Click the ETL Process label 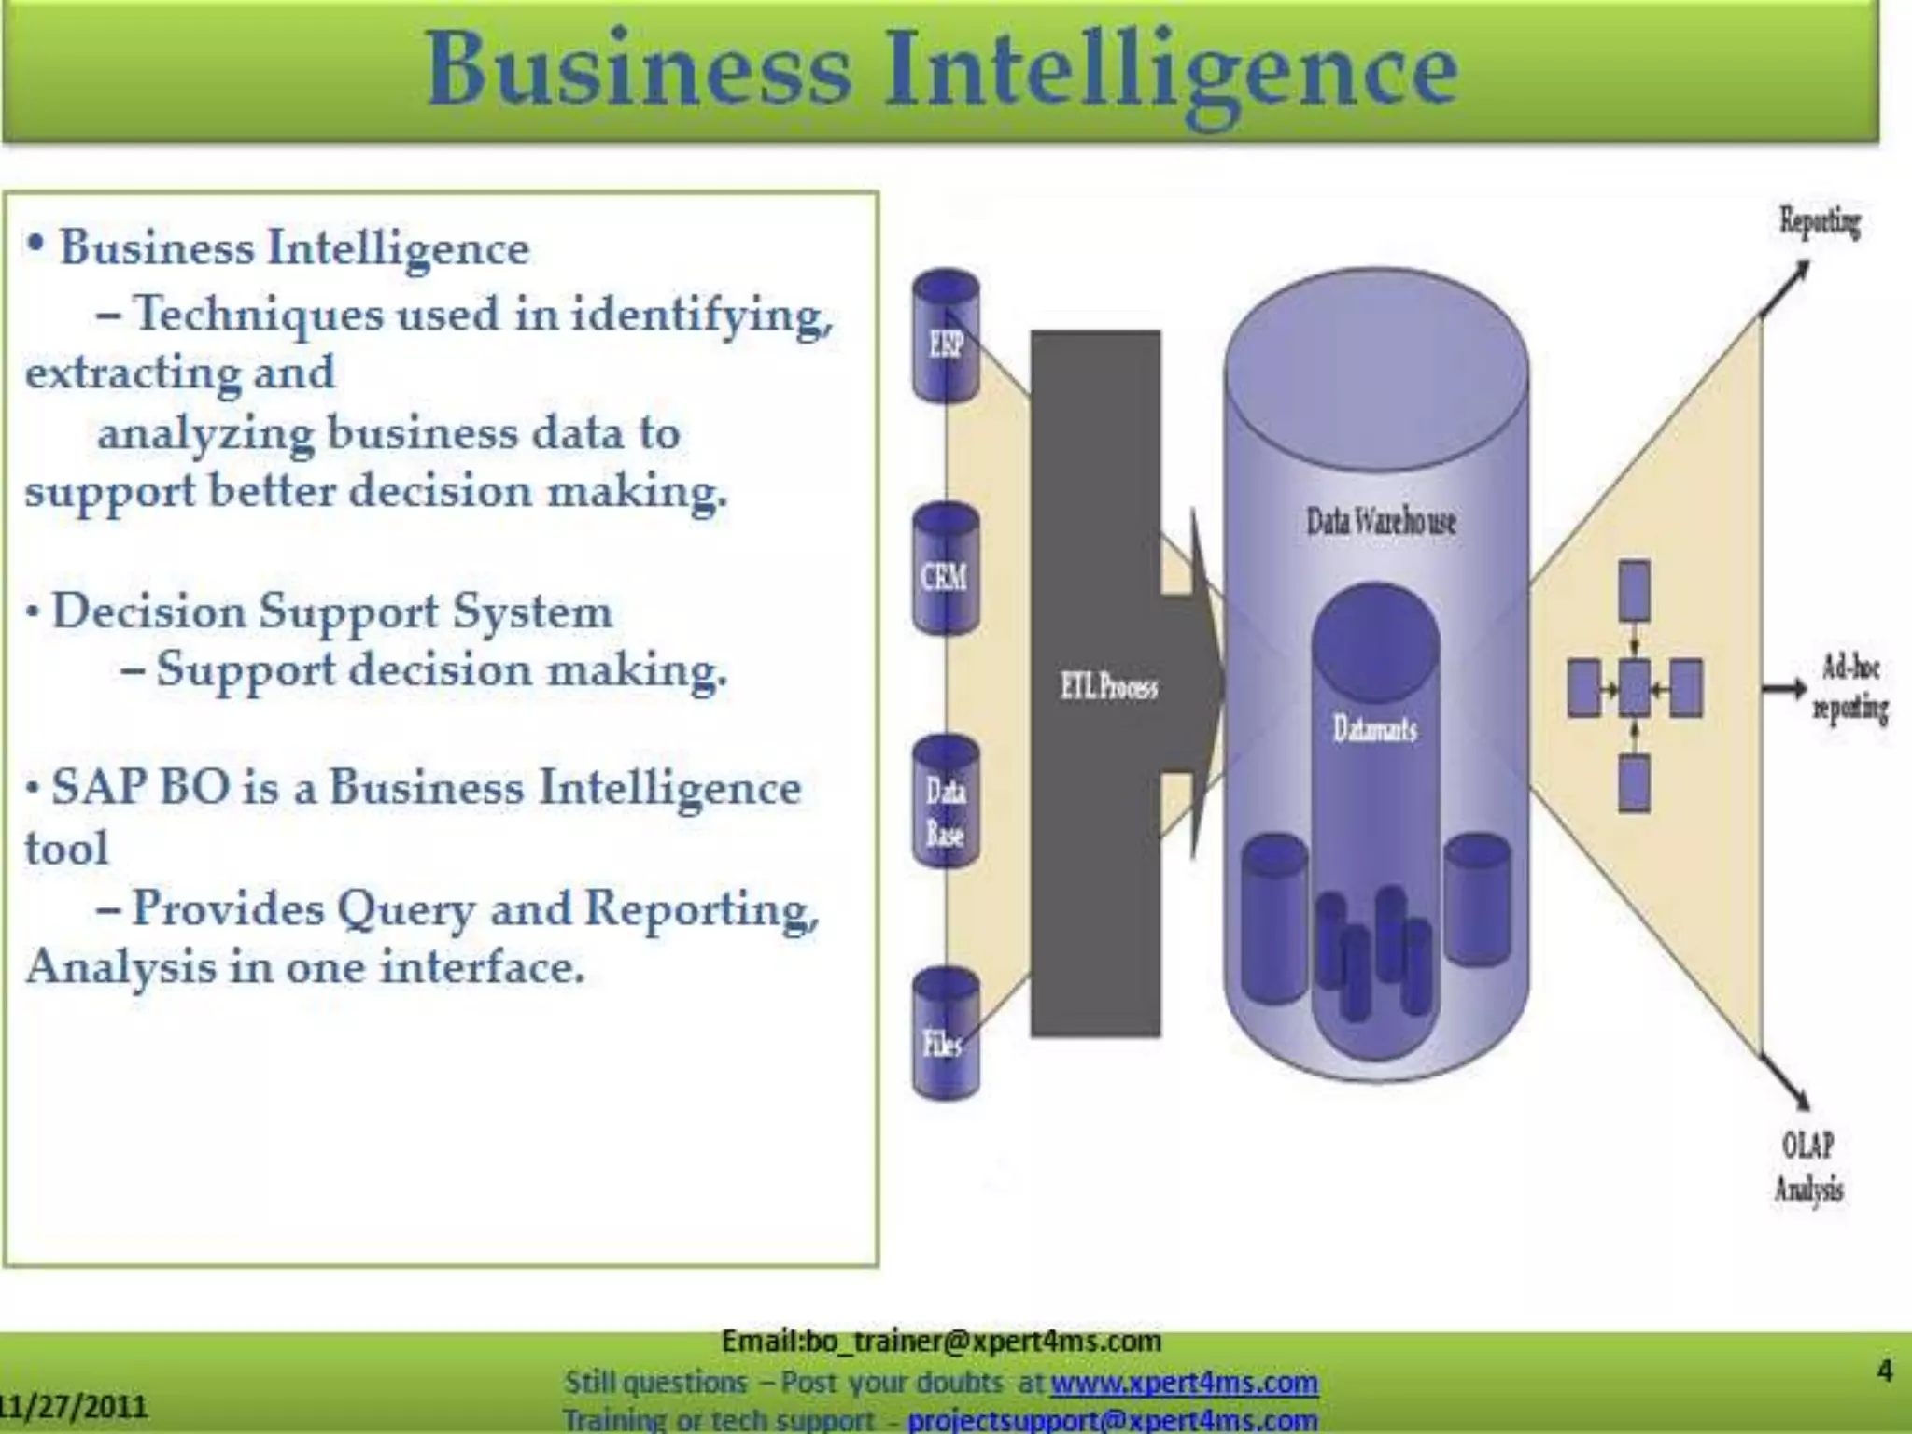click(1108, 688)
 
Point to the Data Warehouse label click(1380, 521)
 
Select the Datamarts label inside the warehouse click(1374, 728)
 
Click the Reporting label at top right click(1819, 222)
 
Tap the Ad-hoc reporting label click(1849, 689)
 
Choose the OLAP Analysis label click(1808, 1166)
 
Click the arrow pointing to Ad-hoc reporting click(1784, 689)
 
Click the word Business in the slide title click(639, 71)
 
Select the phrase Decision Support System click(332, 612)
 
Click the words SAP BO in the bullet click(140, 787)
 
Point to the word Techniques click(258, 314)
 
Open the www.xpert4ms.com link click(1184, 1382)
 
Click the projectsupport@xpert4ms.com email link click(1113, 1420)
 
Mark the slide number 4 click(1885, 1371)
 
